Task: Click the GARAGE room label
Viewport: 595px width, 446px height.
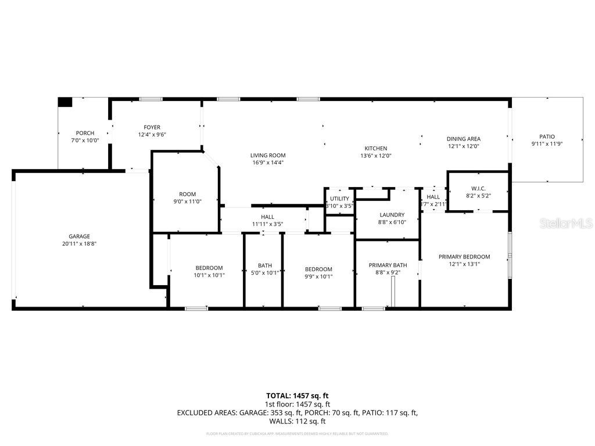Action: point(80,236)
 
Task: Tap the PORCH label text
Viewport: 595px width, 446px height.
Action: point(85,133)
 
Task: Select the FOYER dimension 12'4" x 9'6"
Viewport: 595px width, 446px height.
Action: point(152,135)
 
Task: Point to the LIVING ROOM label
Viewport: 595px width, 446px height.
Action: point(268,155)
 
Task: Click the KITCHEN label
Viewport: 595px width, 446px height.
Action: point(375,148)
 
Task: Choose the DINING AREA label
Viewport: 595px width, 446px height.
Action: point(463,139)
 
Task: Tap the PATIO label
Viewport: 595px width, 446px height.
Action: point(547,136)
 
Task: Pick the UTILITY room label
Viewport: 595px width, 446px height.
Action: point(339,199)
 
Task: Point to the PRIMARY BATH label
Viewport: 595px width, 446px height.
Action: point(388,265)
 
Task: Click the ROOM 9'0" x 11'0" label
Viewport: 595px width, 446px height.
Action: point(187,194)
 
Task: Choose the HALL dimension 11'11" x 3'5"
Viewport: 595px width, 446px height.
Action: point(267,224)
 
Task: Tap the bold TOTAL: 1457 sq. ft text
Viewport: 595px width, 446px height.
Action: point(297,395)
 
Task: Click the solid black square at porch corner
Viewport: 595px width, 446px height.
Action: point(65,102)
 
